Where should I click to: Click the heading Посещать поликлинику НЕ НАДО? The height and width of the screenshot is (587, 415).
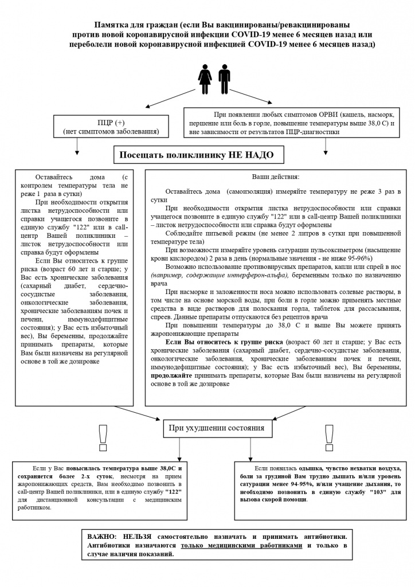coord(196,155)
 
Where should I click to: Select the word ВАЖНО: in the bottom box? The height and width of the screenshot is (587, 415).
coord(103,534)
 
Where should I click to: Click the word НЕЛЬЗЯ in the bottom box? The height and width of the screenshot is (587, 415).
coord(142,534)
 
